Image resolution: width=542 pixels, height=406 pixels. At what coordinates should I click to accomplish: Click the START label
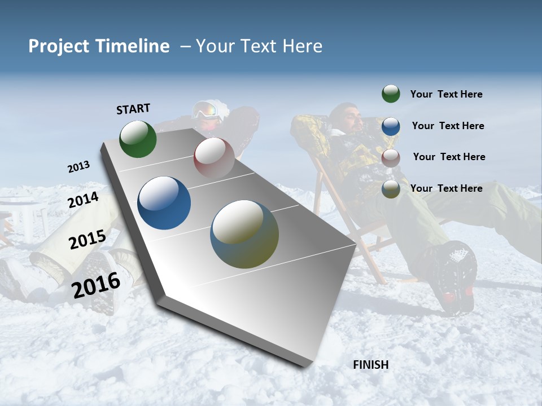click(133, 109)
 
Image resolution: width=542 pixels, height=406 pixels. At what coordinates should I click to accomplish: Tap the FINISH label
click(371, 365)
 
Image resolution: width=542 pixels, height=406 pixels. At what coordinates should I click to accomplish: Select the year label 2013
click(78, 167)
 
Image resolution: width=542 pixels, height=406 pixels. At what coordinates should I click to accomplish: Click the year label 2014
click(84, 200)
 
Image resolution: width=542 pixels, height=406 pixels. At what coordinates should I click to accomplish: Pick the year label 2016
click(96, 285)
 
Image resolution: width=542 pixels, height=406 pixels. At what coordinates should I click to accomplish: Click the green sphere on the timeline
click(138, 139)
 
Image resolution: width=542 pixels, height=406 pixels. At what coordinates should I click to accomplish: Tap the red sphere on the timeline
click(214, 157)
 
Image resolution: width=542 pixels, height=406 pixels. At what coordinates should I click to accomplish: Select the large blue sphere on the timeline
click(164, 203)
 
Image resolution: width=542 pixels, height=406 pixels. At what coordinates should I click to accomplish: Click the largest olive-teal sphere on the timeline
click(244, 234)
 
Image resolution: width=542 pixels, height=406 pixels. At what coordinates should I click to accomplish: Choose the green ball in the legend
click(391, 94)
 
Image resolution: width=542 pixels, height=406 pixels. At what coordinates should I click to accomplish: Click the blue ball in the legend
click(391, 126)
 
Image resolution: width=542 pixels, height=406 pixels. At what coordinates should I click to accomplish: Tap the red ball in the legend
click(391, 157)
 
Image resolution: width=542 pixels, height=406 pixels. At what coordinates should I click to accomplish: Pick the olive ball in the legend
click(391, 189)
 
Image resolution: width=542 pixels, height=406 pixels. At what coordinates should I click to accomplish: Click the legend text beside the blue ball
click(448, 126)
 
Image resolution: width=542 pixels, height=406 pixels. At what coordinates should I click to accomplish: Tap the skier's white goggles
click(207, 111)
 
